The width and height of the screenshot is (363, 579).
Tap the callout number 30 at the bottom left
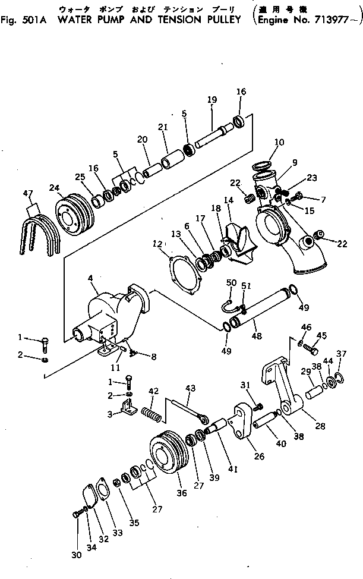pyautogui.click(x=76, y=555)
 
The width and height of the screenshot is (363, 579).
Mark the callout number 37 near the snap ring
pyautogui.click(x=340, y=354)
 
